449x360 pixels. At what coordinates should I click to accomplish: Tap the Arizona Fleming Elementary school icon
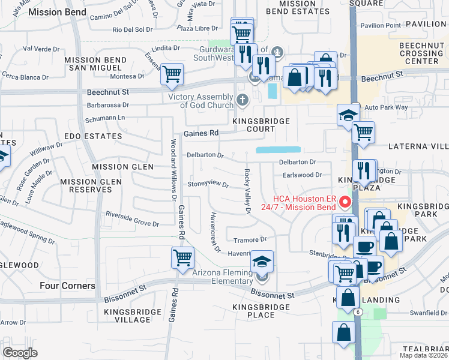tap(262, 262)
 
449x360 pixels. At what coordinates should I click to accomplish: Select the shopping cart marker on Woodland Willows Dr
tap(172, 75)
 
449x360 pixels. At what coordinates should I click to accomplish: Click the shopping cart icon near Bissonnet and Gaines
tap(183, 258)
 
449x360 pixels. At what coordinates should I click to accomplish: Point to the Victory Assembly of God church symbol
tap(243, 100)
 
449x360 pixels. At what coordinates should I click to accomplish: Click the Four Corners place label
tap(68, 286)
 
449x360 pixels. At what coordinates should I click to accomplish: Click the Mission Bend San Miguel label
tap(95, 64)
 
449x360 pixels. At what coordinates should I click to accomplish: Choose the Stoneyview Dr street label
tap(208, 185)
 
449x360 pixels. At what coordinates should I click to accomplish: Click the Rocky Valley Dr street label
tap(247, 191)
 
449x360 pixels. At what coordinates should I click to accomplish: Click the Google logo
tap(20, 353)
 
